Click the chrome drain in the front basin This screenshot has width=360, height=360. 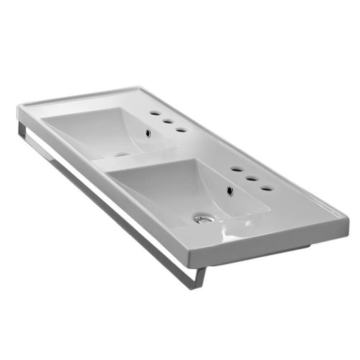[x=204, y=219]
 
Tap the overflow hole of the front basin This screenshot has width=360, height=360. [x=230, y=191]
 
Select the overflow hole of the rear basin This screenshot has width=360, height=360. [x=148, y=133]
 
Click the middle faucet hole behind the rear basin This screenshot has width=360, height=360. [x=168, y=121]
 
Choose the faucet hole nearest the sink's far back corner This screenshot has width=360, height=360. [x=154, y=113]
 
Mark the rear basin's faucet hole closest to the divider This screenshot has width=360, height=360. [x=181, y=130]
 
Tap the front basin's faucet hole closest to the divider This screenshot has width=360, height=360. [x=236, y=169]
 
